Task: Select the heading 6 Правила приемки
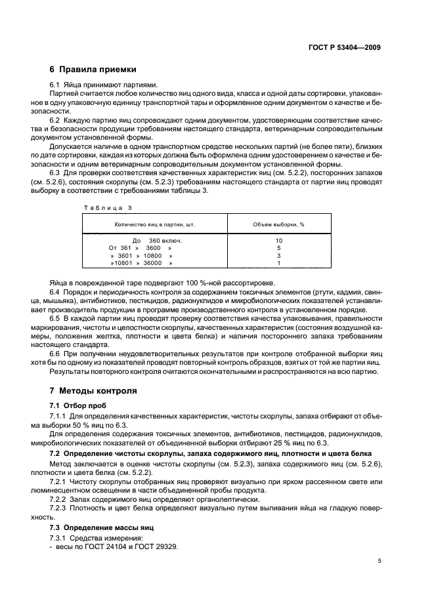(93, 69)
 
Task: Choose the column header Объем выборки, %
(278, 224)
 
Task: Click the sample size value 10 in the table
(278, 241)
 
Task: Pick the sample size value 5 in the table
(278, 248)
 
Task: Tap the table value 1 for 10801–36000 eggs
(278, 263)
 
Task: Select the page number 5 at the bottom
(379, 561)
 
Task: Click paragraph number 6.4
(56, 291)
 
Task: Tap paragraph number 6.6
(56, 353)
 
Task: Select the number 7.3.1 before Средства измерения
(59, 539)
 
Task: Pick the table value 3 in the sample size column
(278, 256)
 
